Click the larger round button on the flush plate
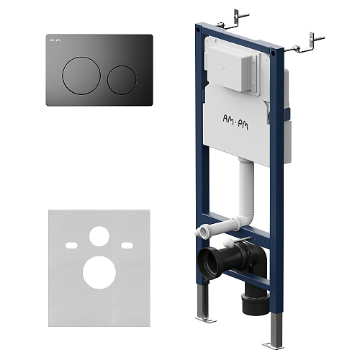coord(81,76)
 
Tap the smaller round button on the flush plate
coord(122,80)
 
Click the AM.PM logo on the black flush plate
coord(55,40)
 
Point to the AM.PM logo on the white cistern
coord(235,122)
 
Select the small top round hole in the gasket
coord(99,236)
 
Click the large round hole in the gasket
coord(99,272)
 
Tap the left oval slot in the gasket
coord(71,246)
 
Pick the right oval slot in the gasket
coord(127,246)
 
